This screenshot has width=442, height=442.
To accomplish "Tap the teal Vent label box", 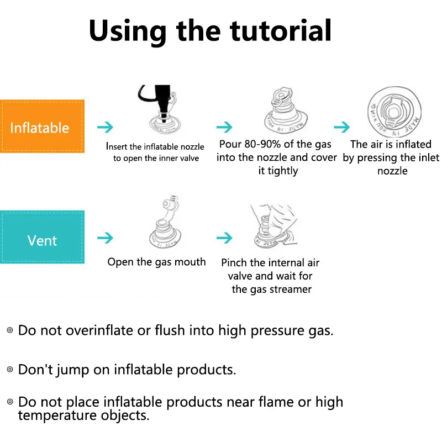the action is pos(42,240).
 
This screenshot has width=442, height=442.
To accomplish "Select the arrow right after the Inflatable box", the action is pos(105,127).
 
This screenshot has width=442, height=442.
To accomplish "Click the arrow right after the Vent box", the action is pos(105,238).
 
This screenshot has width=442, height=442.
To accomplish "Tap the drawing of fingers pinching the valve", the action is pos(272,225).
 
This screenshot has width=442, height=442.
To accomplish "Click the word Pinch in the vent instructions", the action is pos(234,262).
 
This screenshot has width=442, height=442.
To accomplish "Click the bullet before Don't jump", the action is pos(9,369).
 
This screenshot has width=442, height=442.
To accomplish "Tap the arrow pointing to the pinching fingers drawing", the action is pos(224,238).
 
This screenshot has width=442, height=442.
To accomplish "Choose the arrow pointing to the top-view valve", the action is pos(342,127).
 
